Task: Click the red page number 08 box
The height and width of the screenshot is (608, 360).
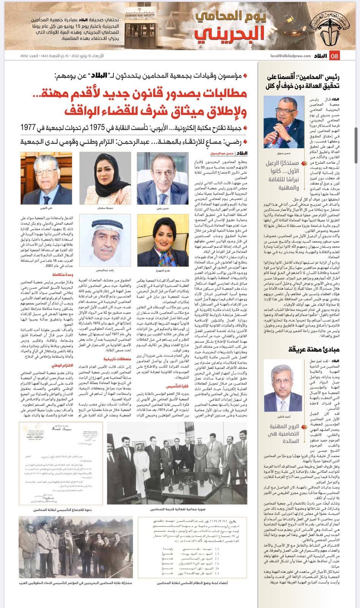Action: [x=335, y=56]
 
